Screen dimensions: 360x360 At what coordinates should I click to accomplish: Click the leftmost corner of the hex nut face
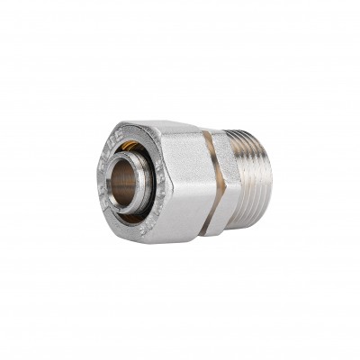tap(94, 175)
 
